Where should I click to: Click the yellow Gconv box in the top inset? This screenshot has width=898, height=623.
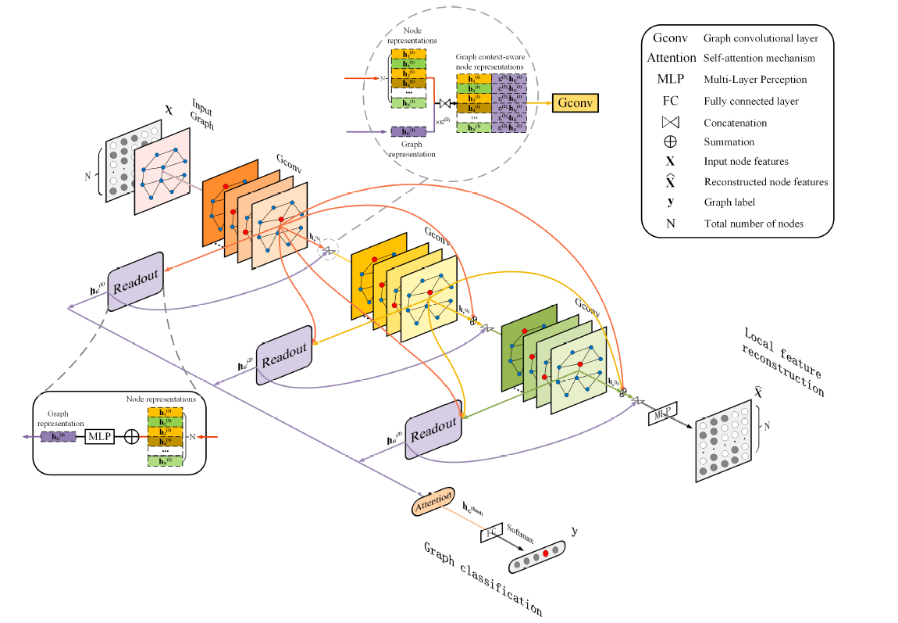point(576,102)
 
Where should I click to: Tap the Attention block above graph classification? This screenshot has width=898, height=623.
point(433,500)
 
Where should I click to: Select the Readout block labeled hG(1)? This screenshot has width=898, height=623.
point(136,281)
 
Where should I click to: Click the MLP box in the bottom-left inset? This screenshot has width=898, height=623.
point(99,436)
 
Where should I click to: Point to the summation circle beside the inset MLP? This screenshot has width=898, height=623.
point(132,436)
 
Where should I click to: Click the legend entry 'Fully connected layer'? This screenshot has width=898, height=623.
point(750,101)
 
